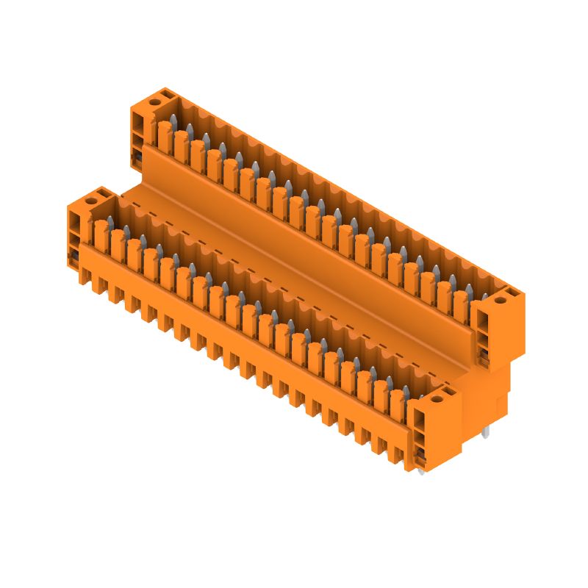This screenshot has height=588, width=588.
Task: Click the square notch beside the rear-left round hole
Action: click(167, 94)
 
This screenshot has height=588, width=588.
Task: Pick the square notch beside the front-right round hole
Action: click(448, 391)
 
